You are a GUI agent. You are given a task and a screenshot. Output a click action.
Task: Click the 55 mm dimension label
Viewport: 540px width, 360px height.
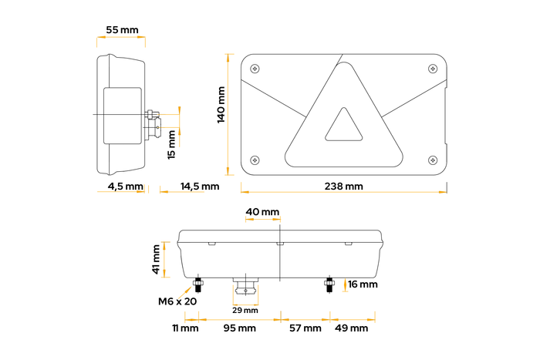[x=122, y=30]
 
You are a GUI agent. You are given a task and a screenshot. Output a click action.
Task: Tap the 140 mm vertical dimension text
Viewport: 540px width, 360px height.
[x=221, y=105]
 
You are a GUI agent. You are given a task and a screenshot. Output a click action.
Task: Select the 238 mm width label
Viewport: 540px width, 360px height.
[x=343, y=186]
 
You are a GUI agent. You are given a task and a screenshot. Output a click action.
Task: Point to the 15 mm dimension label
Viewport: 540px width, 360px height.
[x=172, y=144]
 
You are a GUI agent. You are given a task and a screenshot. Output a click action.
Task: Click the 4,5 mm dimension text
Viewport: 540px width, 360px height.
[x=125, y=186]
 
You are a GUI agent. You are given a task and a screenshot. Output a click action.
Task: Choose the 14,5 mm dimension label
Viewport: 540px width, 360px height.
[x=200, y=186]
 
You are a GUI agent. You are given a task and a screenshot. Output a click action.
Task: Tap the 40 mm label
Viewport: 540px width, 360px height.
[x=262, y=211]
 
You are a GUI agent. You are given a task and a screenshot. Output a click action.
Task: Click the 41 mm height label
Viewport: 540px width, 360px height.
[x=157, y=259]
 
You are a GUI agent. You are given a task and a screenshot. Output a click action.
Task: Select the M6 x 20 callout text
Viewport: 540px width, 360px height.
[x=178, y=301]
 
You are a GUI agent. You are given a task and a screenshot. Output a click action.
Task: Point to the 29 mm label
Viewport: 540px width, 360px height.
[x=245, y=310]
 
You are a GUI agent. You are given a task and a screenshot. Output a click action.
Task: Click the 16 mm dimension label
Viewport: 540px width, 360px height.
[x=363, y=284]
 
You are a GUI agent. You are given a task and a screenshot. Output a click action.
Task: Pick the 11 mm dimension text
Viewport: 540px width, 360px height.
[x=185, y=328]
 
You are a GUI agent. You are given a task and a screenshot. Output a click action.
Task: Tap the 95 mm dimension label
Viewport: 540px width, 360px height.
[x=241, y=328]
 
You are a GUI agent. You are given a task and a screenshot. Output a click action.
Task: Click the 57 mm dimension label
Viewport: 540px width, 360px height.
[x=305, y=328]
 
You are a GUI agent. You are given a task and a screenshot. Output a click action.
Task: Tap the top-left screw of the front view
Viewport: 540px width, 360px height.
[x=255, y=67]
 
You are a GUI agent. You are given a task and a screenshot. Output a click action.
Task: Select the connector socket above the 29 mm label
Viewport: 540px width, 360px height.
[x=246, y=287]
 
